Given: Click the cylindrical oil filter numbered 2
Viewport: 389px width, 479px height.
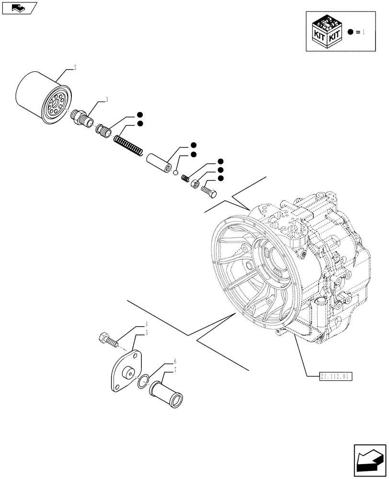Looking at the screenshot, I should (x=41, y=98).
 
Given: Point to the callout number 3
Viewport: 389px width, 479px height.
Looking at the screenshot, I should (x=106, y=100).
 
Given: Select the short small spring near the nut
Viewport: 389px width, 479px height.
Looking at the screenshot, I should (x=185, y=177).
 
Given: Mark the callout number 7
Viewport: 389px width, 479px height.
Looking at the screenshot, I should (x=175, y=369).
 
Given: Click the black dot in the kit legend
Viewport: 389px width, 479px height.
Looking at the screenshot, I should (x=351, y=32).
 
